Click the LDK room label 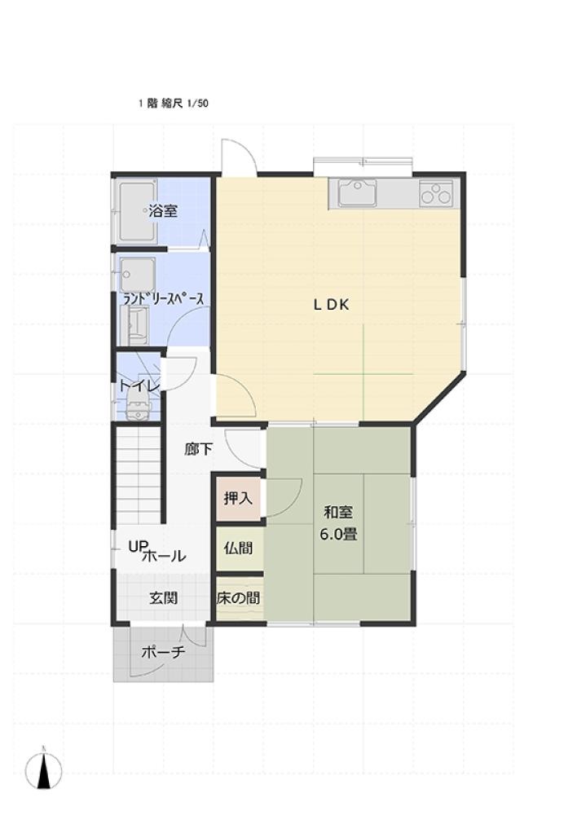[331, 305]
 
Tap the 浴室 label [163, 211]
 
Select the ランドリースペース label [163, 299]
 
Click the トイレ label [139, 385]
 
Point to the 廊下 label [199, 449]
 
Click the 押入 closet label [238, 498]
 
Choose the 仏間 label [238, 548]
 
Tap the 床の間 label [238, 597]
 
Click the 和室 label [338, 513]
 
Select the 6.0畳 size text [338, 535]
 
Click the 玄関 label [164, 597]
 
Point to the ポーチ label [163, 652]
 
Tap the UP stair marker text [139, 546]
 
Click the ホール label [164, 556]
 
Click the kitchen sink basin [358, 192]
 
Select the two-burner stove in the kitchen [436, 193]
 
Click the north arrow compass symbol [44, 769]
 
